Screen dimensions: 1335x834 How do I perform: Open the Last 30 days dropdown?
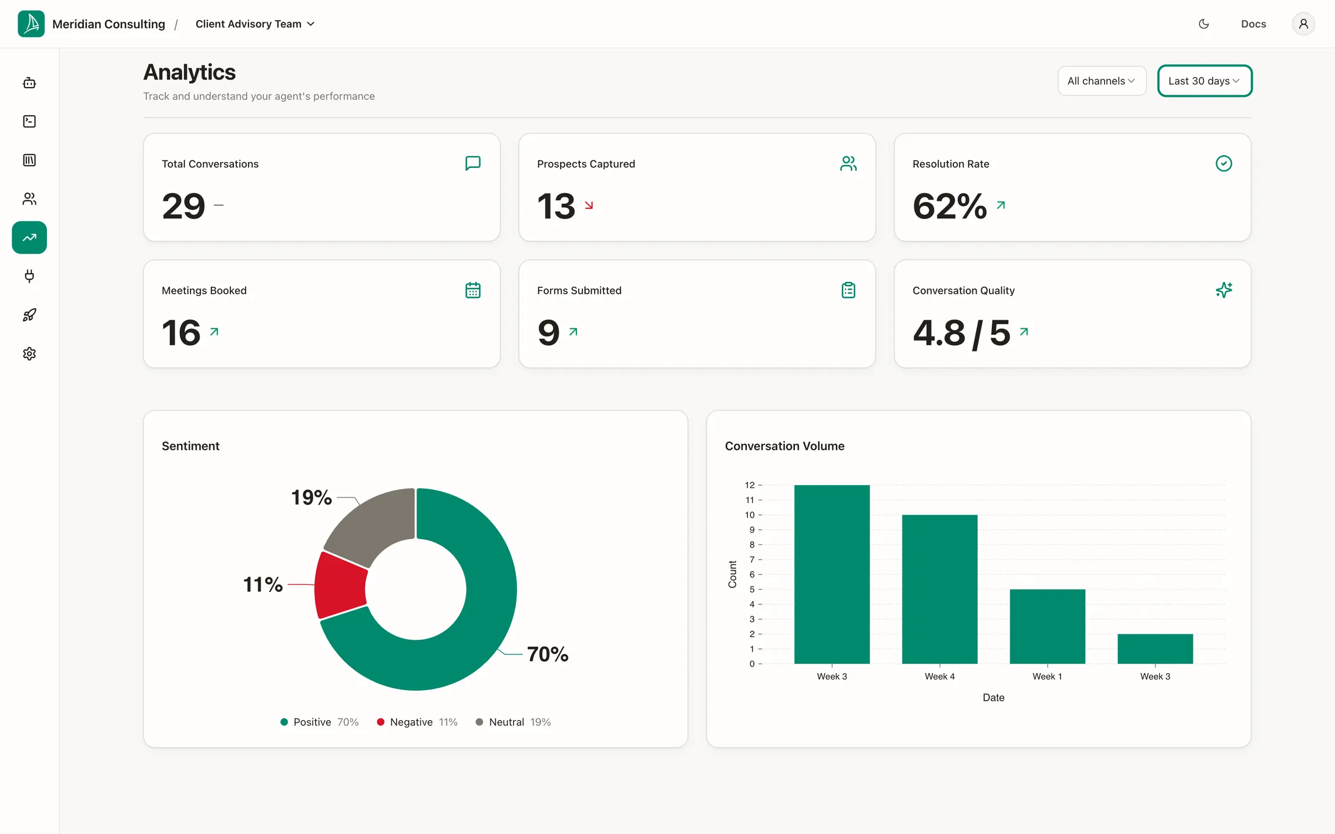pos(1205,81)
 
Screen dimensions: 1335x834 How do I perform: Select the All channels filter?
pos(1102,81)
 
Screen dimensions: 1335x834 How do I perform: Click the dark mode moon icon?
pos(1204,24)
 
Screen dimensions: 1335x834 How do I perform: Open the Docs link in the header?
pos(1253,24)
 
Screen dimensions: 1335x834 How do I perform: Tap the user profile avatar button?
pos(1303,24)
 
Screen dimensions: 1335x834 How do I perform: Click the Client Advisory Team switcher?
pos(255,24)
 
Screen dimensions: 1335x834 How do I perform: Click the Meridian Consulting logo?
pos(31,24)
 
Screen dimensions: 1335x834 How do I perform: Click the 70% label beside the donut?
pos(548,654)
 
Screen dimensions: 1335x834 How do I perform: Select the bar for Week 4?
pos(940,589)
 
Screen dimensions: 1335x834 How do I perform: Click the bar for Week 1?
pos(1047,627)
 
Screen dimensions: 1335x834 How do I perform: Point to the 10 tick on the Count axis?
pos(750,515)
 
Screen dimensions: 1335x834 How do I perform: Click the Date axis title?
pos(994,698)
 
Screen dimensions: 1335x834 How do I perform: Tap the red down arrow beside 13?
pos(589,205)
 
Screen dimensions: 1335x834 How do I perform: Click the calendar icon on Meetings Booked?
pos(473,290)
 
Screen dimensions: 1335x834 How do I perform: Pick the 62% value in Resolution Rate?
pos(950,206)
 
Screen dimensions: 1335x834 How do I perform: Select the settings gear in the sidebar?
pos(29,354)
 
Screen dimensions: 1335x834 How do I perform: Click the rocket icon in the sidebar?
pos(29,315)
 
